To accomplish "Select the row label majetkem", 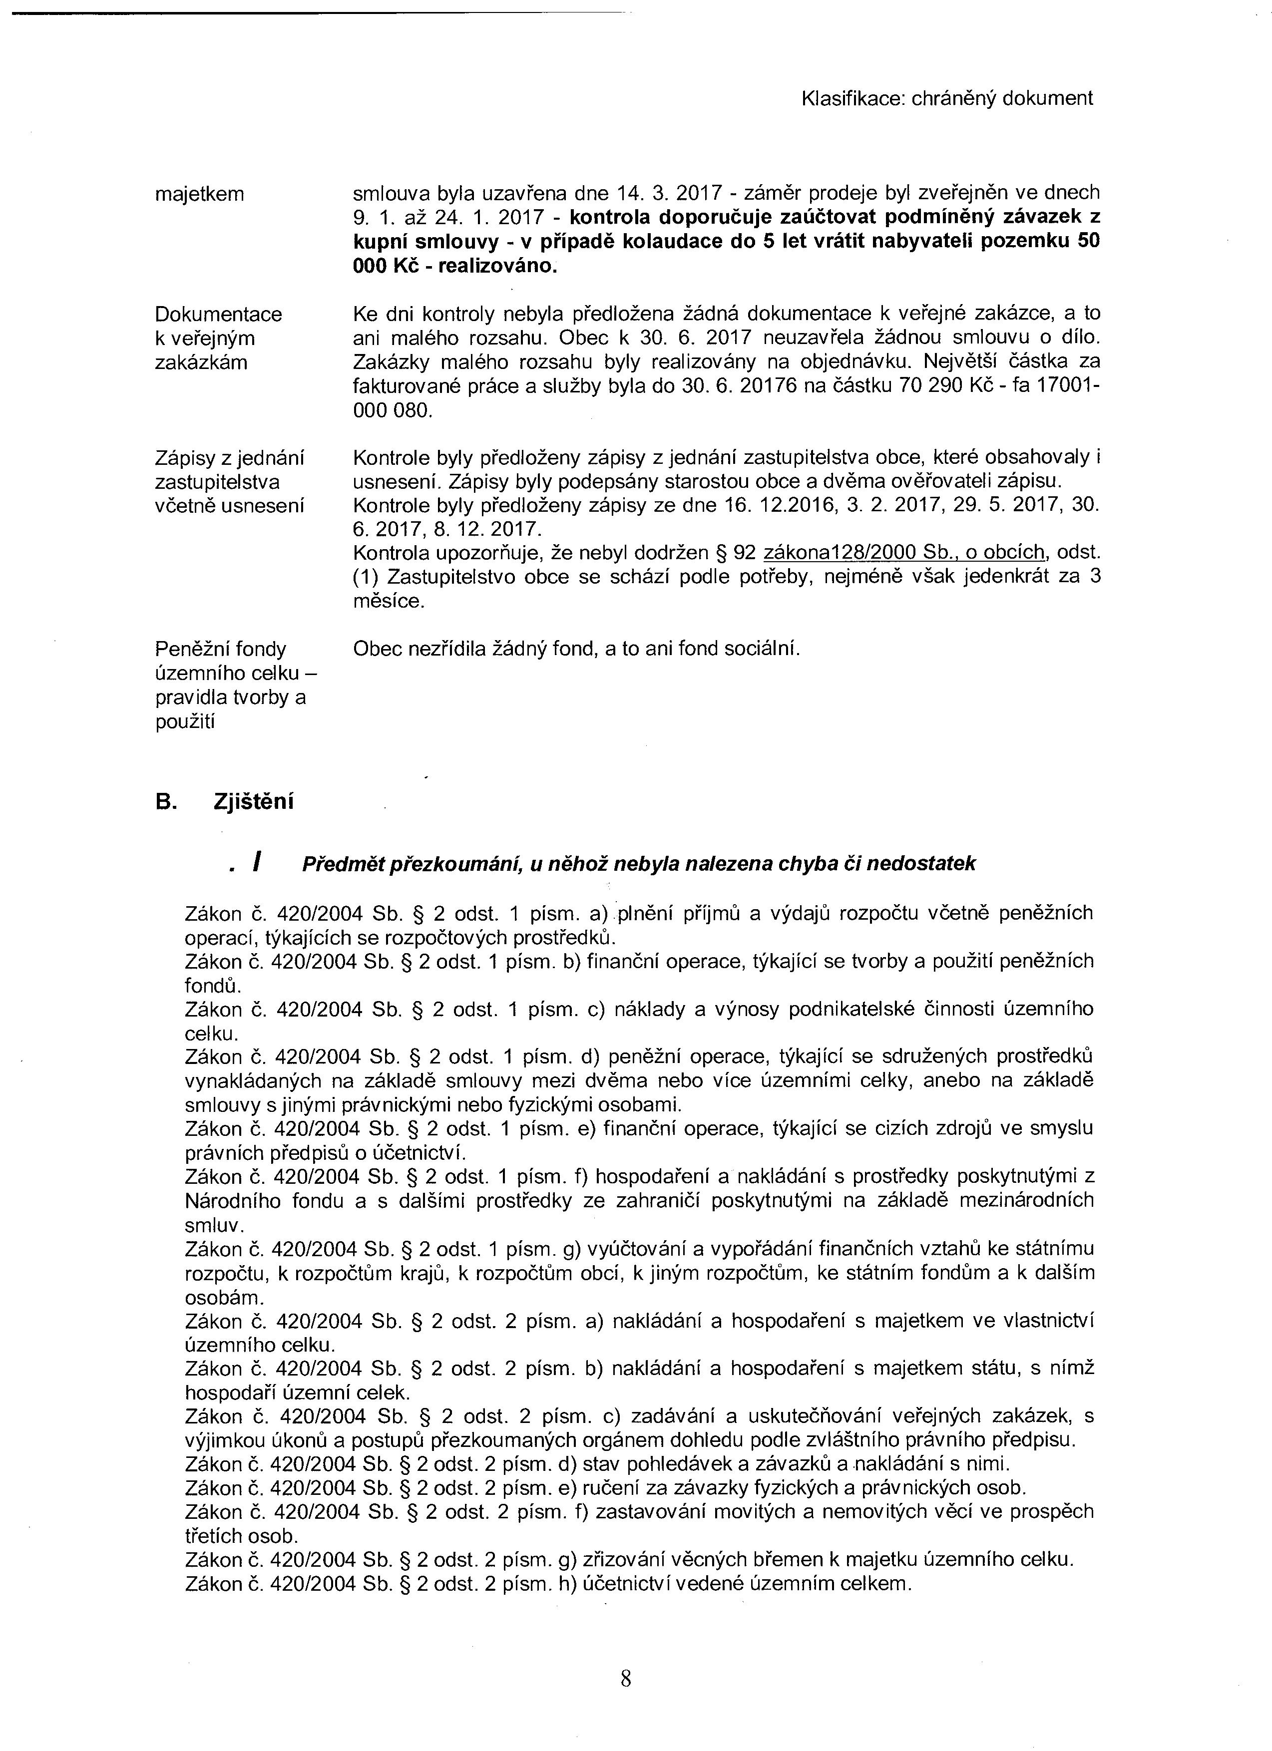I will (199, 194).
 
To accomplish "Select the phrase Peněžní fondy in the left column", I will (220, 649).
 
